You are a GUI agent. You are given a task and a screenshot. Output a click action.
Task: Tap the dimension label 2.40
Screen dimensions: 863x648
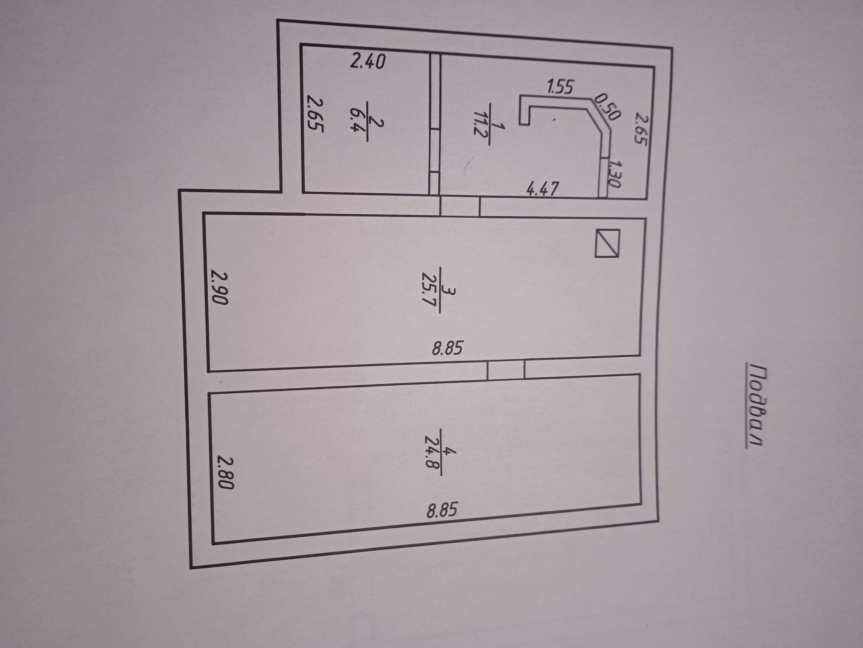(x=368, y=61)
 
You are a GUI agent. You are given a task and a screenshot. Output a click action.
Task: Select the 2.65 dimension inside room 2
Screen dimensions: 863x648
(x=315, y=112)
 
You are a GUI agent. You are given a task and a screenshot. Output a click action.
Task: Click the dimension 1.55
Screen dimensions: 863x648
(x=560, y=86)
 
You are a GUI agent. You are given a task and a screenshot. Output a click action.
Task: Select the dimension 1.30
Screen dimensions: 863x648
(x=615, y=174)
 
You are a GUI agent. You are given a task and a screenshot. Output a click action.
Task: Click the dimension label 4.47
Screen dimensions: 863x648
(x=543, y=188)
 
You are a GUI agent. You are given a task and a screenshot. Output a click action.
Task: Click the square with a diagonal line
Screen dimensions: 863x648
(x=607, y=243)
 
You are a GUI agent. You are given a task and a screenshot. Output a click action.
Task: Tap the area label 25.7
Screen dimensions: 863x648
(x=431, y=288)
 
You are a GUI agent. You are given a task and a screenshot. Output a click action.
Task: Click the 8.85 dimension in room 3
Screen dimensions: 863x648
(x=447, y=348)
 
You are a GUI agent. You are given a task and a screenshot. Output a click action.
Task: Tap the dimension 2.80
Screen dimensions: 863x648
(x=226, y=472)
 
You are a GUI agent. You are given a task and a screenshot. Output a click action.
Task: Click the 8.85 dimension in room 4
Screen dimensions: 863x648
(x=442, y=510)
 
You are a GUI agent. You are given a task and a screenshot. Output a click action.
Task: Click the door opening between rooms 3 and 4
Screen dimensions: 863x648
(x=506, y=370)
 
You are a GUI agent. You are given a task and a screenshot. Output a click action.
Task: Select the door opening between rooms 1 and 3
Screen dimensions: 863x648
(x=459, y=207)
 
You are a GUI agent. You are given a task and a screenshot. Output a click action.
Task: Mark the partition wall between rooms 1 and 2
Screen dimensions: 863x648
(x=435, y=124)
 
